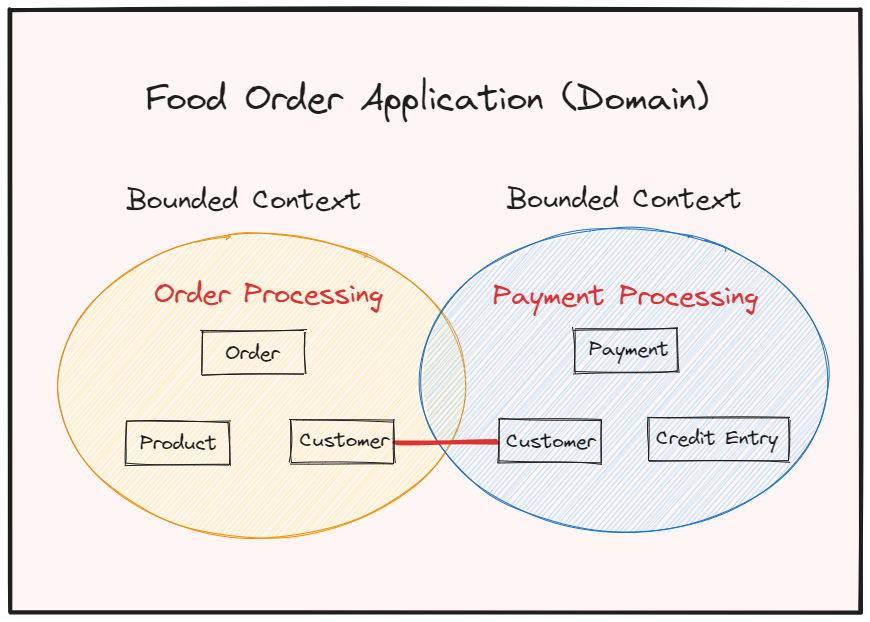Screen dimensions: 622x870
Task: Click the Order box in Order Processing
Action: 253,353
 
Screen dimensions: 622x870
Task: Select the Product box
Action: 177,443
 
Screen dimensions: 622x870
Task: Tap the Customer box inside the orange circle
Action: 342,441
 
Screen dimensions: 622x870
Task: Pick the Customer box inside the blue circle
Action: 550,441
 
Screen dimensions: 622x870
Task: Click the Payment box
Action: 627,350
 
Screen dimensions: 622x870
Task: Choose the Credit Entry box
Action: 718,439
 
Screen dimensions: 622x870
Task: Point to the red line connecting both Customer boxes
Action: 446,442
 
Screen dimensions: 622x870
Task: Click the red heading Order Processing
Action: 268,295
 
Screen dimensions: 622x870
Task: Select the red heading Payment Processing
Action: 625,297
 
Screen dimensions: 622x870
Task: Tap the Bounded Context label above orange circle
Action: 243,199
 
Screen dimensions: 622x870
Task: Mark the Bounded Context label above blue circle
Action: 624,198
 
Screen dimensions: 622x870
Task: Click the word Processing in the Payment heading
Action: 688,298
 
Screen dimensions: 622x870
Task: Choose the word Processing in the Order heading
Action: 313,296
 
